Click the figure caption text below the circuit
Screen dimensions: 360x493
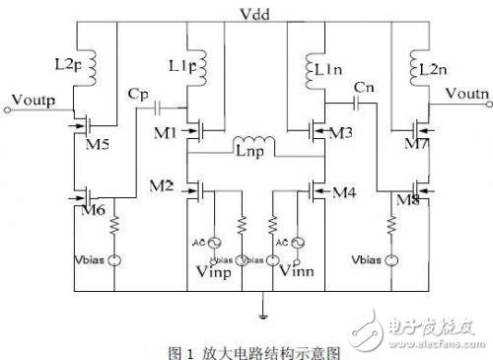pos(246,348)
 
